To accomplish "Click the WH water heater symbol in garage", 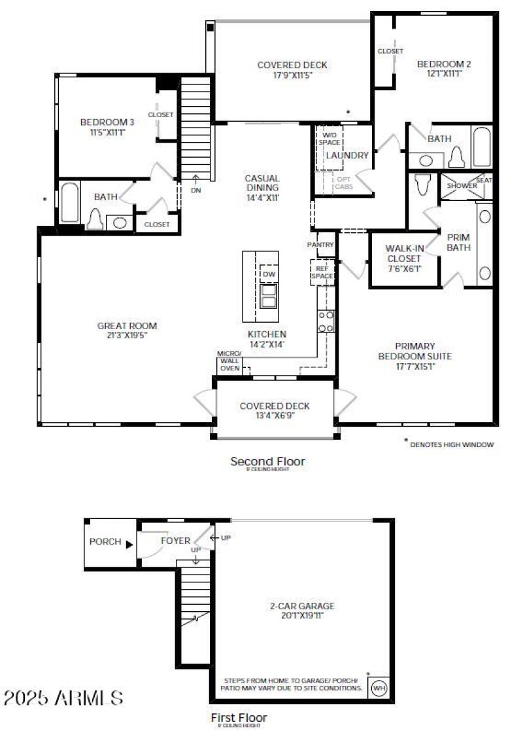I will coord(379,688).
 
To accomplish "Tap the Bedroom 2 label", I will coord(444,64).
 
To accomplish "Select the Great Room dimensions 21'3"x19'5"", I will coord(127,336).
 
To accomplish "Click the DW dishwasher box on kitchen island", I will coord(269,273).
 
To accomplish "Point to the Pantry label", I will coord(320,245).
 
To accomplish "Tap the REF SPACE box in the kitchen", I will coord(322,272).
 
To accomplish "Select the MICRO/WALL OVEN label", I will coord(229,361).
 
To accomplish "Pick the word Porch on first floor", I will coord(105,542).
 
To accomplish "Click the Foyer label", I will coord(175,541).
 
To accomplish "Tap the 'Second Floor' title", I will coord(267,462).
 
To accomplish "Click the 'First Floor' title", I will coord(239,717).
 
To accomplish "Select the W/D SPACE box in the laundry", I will coord(329,139).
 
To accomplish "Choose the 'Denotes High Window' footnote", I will coord(451,444).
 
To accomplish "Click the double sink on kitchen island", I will coord(269,296).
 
